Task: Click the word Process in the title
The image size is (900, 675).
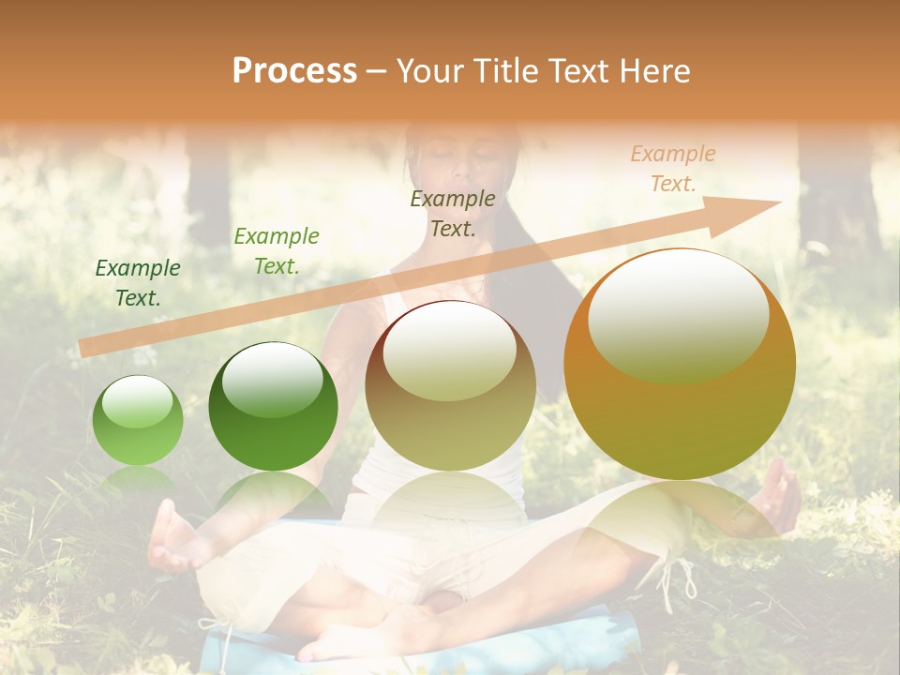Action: pyautogui.click(x=294, y=71)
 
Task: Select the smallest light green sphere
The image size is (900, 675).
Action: pyautogui.click(x=138, y=421)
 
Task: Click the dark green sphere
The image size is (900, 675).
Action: pyautogui.click(x=273, y=406)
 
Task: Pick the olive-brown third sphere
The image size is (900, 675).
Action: pyautogui.click(x=450, y=385)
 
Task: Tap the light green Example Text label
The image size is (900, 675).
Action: pyautogui.click(x=276, y=251)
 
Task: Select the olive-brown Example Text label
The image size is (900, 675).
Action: pyautogui.click(x=453, y=214)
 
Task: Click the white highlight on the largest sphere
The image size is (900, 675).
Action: pyautogui.click(x=678, y=314)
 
